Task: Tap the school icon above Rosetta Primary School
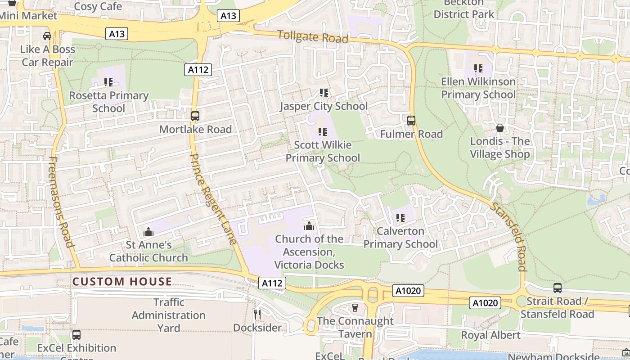[108, 82]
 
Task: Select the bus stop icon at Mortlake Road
[195, 116]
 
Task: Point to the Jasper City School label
[324, 106]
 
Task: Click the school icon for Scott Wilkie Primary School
[323, 132]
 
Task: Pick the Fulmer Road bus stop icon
[411, 121]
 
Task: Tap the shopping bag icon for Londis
[500, 128]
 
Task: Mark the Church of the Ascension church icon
[309, 226]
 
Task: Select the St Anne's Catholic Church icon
[148, 232]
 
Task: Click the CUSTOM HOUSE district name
[122, 282]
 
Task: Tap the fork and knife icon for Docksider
[257, 314]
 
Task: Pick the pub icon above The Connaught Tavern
[355, 308]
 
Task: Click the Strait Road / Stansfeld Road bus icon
[558, 288]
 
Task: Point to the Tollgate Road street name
[313, 36]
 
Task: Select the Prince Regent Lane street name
[213, 199]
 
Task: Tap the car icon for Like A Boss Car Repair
[47, 36]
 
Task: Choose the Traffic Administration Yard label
[169, 315]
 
